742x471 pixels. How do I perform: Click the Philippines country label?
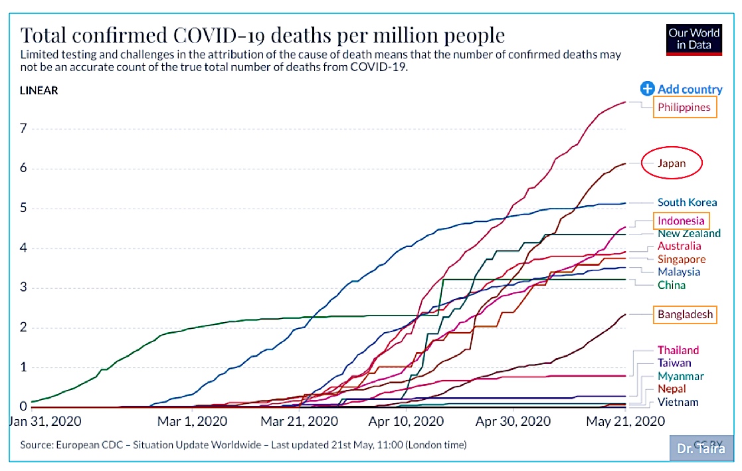[684, 108]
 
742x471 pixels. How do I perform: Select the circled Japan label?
[672, 163]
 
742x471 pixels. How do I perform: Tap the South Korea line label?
[687, 203]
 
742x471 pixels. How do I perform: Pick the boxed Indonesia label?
[681, 221]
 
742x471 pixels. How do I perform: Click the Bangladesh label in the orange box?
[685, 314]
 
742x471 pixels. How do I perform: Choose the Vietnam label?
[678, 403]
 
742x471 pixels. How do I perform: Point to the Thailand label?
[678, 350]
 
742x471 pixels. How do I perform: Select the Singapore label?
[682, 259]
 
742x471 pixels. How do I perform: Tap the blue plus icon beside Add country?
[647, 88]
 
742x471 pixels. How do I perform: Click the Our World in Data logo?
[694, 40]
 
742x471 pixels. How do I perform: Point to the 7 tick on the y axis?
[23, 128]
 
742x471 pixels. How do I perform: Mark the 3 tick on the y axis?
[23, 288]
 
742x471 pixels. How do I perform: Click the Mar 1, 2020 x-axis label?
[192, 421]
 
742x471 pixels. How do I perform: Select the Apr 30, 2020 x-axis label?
[513, 421]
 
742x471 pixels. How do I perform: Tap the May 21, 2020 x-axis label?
[626, 421]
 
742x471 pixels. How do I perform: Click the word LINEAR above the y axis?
[39, 90]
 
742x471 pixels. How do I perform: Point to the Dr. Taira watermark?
[701, 448]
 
